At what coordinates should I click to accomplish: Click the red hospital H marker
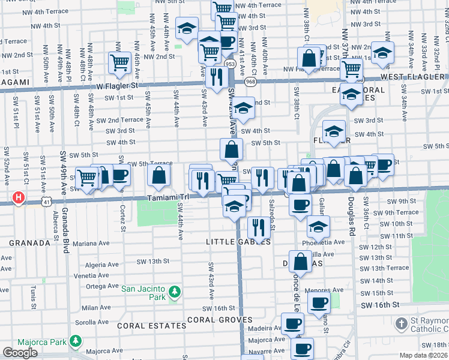click(20, 197)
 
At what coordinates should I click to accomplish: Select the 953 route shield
click(230, 63)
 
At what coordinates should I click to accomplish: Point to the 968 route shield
click(250, 81)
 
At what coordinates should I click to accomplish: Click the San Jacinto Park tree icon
click(174, 292)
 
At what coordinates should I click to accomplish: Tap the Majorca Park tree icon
click(75, 341)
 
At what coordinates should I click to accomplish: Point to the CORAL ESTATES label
click(151, 326)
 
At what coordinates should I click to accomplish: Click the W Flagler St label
click(118, 85)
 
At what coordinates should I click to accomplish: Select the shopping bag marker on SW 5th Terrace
click(159, 175)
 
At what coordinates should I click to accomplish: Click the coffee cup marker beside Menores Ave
click(319, 302)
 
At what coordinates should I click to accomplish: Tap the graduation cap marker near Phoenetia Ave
click(319, 227)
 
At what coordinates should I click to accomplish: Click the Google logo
click(20, 352)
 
